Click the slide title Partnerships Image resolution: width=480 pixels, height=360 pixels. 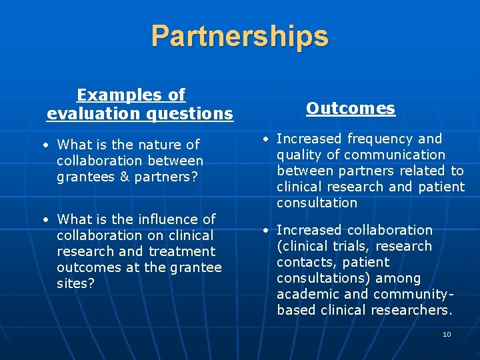point(239,36)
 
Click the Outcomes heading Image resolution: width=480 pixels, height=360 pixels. point(351,108)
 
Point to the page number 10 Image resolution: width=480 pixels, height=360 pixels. point(447,334)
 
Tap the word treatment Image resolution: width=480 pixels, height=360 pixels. point(181,251)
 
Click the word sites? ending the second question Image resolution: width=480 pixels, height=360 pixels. point(75,283)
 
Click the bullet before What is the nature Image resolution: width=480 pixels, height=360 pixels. point(43,145)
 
